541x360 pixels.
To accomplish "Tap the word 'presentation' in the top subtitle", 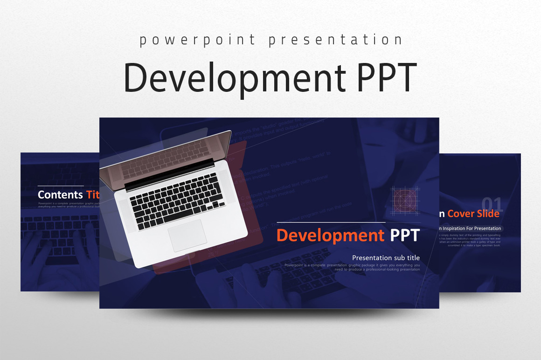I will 335,40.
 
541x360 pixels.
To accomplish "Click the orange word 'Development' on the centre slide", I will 330,235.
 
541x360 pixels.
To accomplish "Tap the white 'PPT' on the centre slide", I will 405,235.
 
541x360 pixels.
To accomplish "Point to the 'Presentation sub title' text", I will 386,257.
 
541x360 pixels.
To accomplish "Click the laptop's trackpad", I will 187,235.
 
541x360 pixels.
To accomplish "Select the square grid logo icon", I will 405,201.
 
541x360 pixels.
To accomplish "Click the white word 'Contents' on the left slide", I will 60,194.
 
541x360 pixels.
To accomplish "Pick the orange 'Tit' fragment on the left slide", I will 93,194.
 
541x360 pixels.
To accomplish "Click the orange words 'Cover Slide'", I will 473,214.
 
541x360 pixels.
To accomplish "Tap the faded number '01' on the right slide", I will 492,204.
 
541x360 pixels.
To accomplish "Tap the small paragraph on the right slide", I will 470,240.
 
